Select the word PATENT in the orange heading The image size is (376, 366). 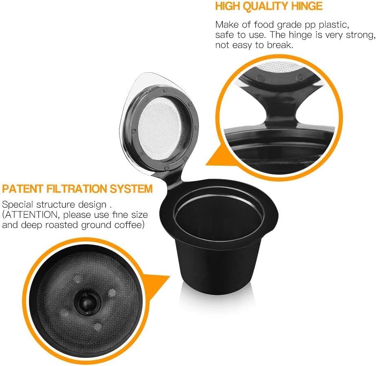22,188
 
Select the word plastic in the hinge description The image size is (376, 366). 334,25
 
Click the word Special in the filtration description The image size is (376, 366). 18,205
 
